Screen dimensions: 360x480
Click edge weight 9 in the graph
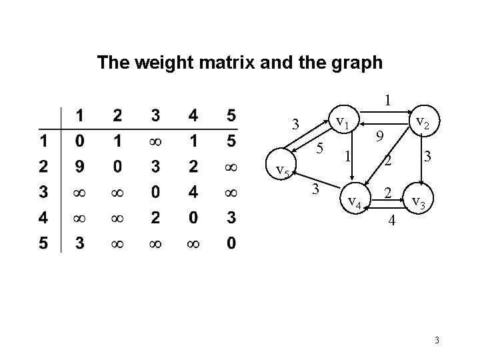click(379, 137)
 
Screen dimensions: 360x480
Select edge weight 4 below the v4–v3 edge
click(393, 220)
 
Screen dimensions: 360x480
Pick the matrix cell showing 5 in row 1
click(231, 141)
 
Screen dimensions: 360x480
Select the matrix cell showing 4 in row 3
click(193, 193)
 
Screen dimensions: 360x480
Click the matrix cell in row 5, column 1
click(79, 244)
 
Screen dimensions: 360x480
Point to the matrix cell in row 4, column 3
click(155, 218)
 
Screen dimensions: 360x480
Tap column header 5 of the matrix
click(231, 115)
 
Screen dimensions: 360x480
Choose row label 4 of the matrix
click(43, 218)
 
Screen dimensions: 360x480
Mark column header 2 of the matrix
click(117, 115)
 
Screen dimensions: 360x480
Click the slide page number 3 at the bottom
click(436, 342)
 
